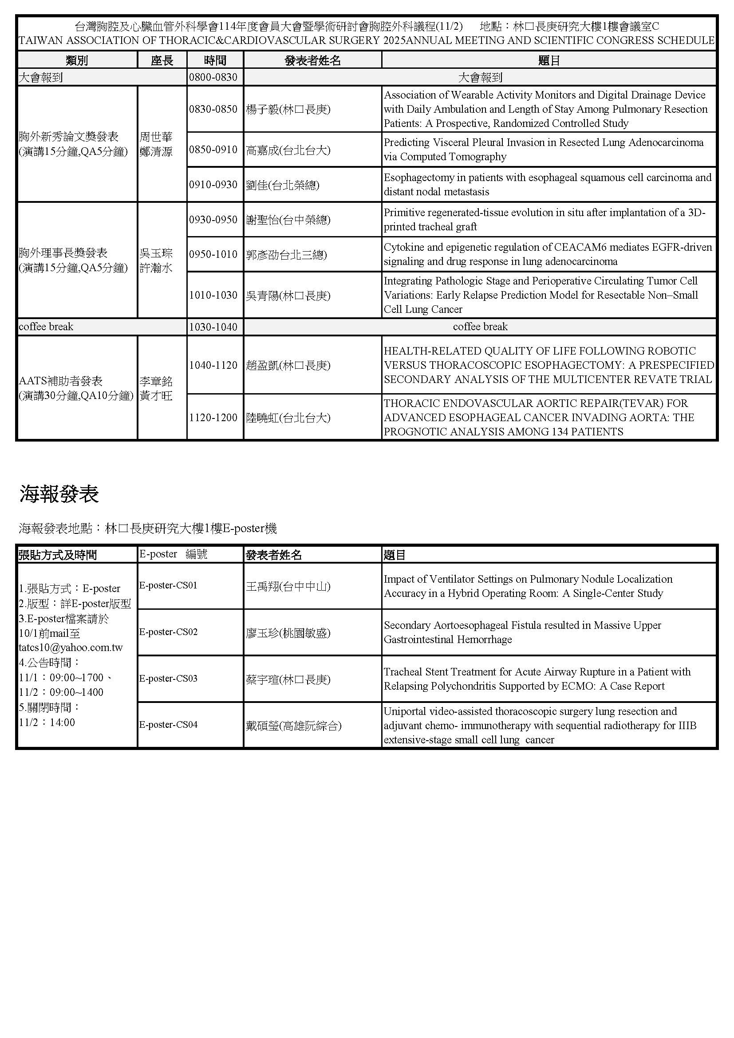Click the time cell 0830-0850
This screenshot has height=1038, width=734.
point(213,109)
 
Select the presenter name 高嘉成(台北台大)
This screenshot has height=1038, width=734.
point(288,150)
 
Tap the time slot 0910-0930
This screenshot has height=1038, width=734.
point(213,185)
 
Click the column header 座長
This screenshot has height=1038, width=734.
point(162,60)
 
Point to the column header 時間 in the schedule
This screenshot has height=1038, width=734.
point(215,60)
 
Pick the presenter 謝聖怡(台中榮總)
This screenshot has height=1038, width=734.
point(288,220)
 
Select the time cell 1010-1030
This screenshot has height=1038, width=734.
point(213,295)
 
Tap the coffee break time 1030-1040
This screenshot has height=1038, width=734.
point(213,327)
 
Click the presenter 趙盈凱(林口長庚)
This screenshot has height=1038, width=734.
point(288,365)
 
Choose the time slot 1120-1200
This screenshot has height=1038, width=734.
point(213,417)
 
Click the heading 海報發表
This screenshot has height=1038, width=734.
point(59,493)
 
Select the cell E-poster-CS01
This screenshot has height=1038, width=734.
point(168,585)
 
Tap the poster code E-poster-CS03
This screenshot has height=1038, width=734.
point(168,678)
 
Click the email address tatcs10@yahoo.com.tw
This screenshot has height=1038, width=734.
point(71,647)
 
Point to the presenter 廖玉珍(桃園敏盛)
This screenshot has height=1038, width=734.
point(288,632)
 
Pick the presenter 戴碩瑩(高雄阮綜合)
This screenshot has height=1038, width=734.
point(293,726)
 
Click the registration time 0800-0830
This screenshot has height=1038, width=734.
point(213,77)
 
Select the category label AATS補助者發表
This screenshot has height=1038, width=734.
point(60,381)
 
